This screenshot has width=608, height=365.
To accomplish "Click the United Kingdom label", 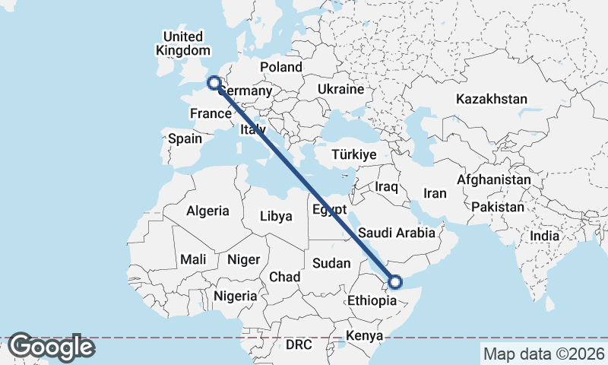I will tap(182, 43).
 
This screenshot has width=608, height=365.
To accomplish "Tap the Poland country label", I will tap(281, 67).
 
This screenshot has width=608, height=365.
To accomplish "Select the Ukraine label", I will tap(341, 89).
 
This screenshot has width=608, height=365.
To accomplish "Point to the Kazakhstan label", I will tap(492, 99).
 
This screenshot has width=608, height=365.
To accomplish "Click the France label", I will tap(211, 114).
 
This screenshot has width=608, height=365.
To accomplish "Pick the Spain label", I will tap(185, 138).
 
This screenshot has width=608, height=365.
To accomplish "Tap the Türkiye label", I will tap(354, 154).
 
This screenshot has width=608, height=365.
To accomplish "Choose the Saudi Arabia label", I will tap(397, 233).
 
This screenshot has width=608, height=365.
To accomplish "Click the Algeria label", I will tap(207, 211).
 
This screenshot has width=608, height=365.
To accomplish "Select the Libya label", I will tap(276, 216).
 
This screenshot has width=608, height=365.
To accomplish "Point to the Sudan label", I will tap(331, 263).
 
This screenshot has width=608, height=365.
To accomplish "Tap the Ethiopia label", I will tap(372, 300).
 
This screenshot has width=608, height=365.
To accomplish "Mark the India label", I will tap(545, 236).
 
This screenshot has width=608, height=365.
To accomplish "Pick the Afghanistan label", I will tap(494, 180).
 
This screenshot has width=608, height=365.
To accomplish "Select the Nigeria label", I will tap(236, 295).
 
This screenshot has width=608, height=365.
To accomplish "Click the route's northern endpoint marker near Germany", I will tap(214, 83).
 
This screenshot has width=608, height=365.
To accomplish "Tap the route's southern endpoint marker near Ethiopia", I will tap(395, 282).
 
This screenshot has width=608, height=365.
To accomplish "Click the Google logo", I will tap(52, 347).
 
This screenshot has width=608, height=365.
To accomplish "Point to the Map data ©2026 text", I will tap(543, 354).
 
